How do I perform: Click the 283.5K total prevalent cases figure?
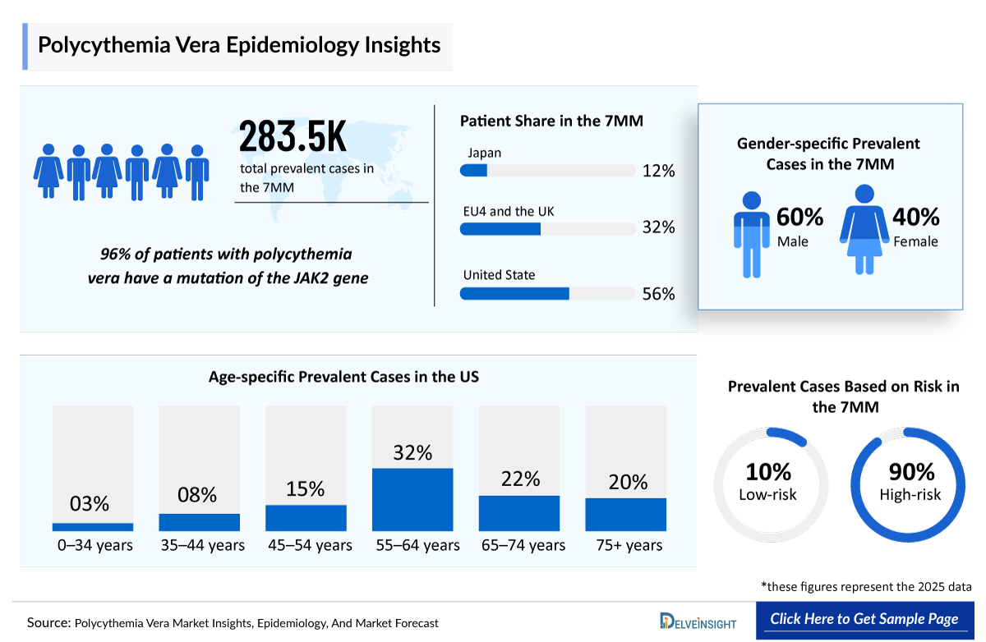[293, 137]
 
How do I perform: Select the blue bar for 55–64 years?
[412, 499]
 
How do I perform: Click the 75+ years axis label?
[629, 545]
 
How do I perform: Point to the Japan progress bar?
[547, 171]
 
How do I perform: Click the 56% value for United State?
[658, 294]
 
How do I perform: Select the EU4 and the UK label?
[509, 212]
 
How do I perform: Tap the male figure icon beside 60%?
[751, 234]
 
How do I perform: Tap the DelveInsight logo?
[698, 621]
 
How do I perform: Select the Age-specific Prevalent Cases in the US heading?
[343, 377]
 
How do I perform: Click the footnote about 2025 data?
[866, 587]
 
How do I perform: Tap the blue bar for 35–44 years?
[200, 522]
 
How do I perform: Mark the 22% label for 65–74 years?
[520, 479]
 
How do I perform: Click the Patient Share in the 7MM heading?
[551, 121]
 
